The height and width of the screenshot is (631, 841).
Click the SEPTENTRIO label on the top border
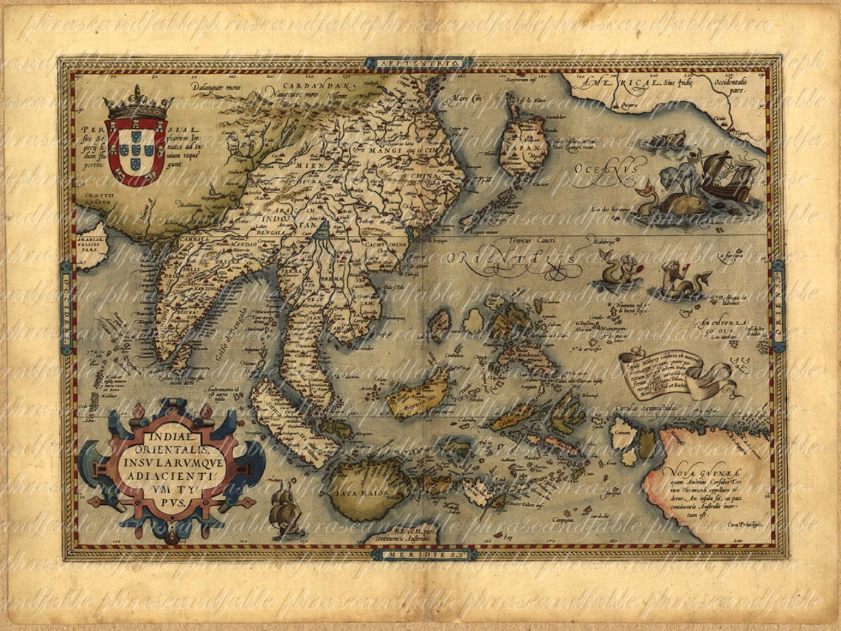click(x=419, y=64)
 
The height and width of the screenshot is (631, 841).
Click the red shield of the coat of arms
click(x=136, y=150)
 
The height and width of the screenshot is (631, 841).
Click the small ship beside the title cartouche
click(x=284, y=509)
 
